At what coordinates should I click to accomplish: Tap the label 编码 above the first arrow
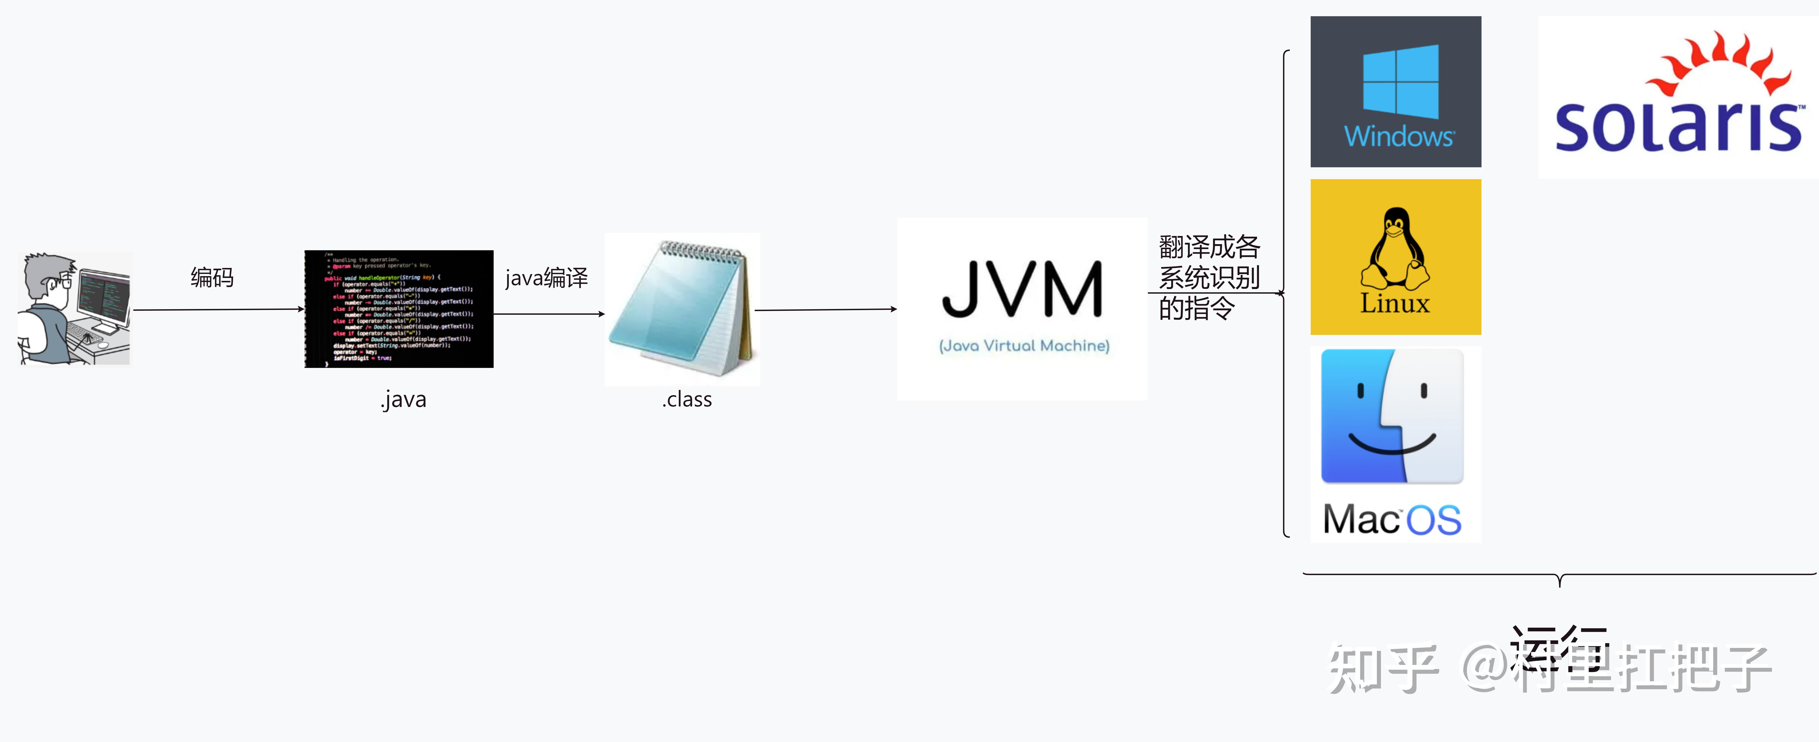(212, 277)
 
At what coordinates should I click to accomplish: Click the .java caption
(403, 400)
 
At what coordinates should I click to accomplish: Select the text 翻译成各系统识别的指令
(1209, 277)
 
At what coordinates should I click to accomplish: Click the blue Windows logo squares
(1400, 81)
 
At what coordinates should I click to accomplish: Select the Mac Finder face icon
(1392, 416)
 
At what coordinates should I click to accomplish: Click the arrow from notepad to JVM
(826, 309)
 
